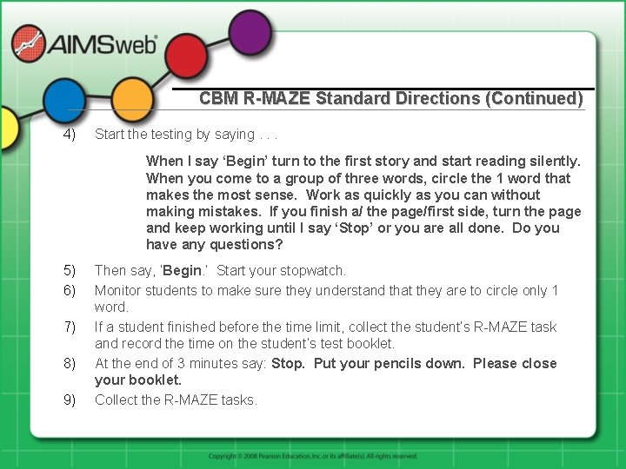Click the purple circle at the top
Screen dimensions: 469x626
(x=250, y=32)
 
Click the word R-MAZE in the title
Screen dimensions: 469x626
(x=276, y=99)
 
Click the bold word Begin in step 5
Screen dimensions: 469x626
(x=182, y=271)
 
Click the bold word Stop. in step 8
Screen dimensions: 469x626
(x=288, y=363)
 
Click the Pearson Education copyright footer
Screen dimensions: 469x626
(x=313, y=456)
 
